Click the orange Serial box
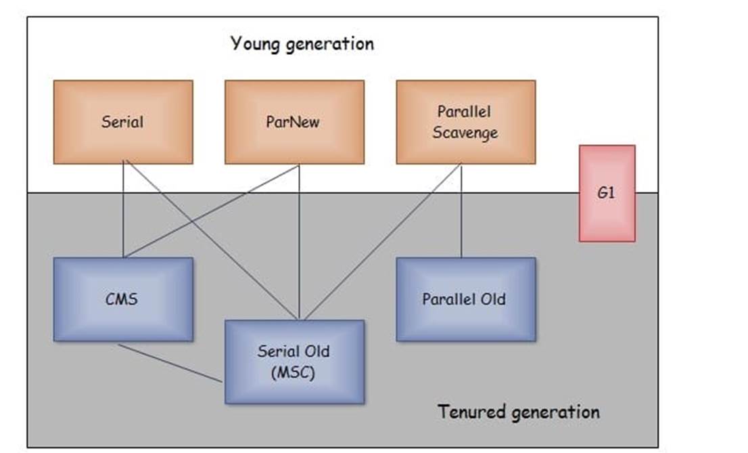point(123,122)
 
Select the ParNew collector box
point(294,122)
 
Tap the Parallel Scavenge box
point(465,122)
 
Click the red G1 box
point(607,193)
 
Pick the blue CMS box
point(123,299)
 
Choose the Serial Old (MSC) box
point(294,362)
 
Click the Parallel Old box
point(465,299)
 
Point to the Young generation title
point(302,44)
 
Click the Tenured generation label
point(518,412)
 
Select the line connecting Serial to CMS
point(123,210)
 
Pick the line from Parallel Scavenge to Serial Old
point(383,242)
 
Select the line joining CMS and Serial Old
point(170,363)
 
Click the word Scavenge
point(465,133)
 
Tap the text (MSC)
point(294,372)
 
